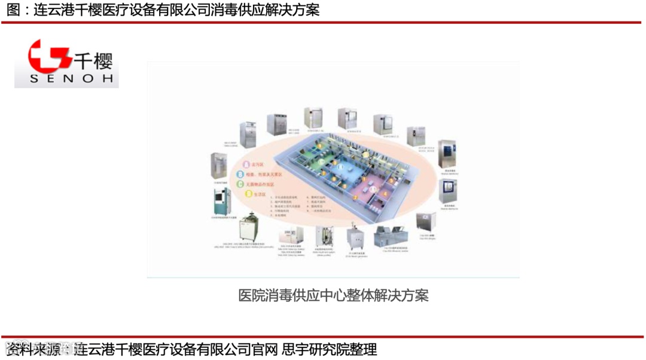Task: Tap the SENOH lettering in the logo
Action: click(66, 79)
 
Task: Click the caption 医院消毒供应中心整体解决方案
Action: click(333, 295)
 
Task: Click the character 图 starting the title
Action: click(12, 10)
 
